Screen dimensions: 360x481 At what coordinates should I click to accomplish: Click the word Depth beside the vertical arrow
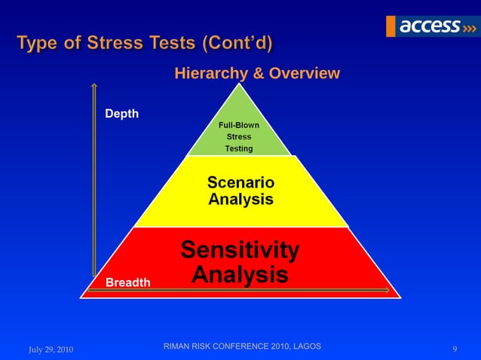[x=121, y=114]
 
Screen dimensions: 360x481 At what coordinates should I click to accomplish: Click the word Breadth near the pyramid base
[x=127, y=282]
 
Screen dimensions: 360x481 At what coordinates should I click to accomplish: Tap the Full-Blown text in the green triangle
[x=238, y=125]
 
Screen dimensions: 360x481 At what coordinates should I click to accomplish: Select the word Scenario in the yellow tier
[x=240, y=183]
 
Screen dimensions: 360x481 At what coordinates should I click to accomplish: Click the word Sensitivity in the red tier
[x=240, y=249]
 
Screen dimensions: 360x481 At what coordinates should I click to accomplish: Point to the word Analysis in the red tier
[x=240, y=274]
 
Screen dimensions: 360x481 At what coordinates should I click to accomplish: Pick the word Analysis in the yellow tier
[x=240, y=200]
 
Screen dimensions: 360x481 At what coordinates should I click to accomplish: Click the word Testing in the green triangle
[x=238, y=149]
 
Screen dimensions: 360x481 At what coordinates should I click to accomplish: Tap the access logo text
[x=428, y=26]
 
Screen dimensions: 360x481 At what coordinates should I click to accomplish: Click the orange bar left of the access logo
[x=391, y=26]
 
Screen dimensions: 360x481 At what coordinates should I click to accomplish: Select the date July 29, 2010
[x=51, y=349]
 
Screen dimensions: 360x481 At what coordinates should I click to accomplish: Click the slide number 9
[x=455, y=349]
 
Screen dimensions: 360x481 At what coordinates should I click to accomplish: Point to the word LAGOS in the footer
[x=305, y=346]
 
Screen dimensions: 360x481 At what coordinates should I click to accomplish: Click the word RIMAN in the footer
[x=178, y=346]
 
